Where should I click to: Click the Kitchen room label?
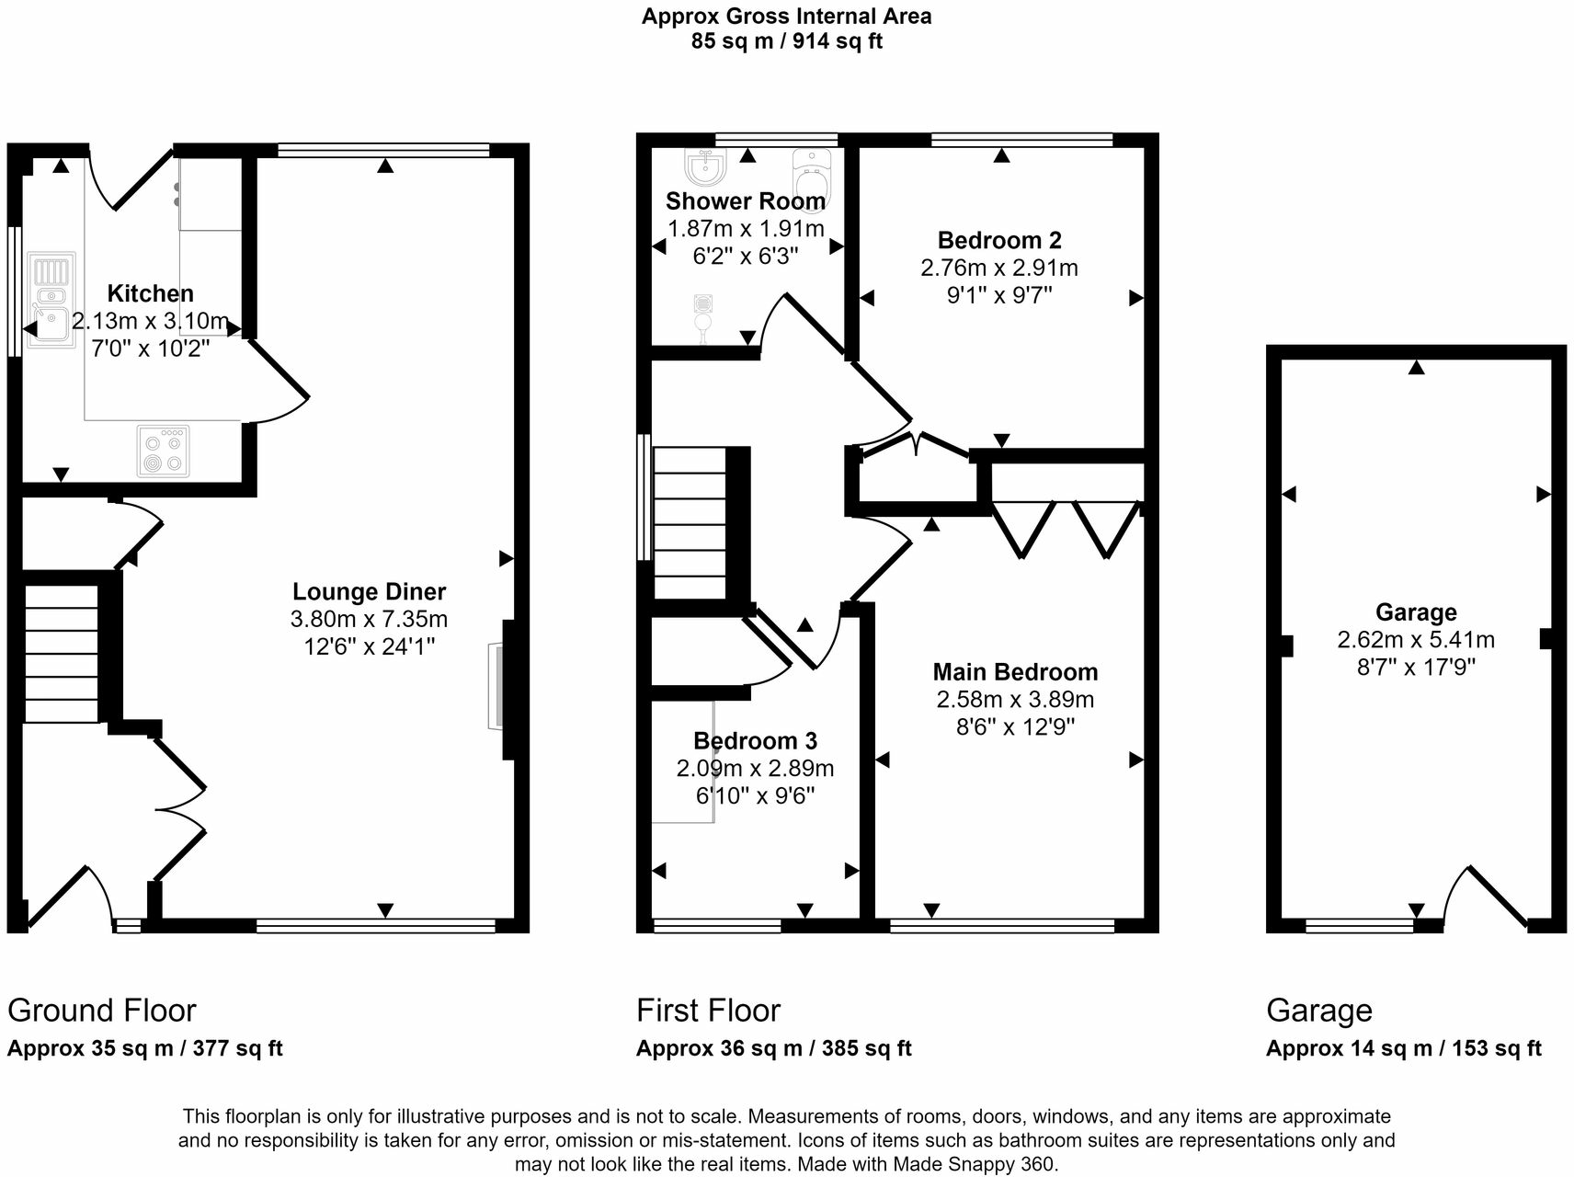(x=151, y=293)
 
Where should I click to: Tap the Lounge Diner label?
(x=369, y=591)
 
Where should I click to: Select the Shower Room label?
(x=745, y=200)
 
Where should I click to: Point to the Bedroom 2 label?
(x=999, y=240)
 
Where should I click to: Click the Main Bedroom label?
(x=1015, y=671)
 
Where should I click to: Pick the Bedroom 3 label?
(x=755, y=740)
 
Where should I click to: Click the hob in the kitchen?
(x=164, y=451)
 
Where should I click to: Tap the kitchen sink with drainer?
(x=51, y=301)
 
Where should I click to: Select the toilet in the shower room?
(x=812, y=178)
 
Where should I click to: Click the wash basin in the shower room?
(x=706, y=167)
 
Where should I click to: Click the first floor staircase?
(x=690, y=522)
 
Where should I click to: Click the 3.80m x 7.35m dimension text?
(x=369, y=619)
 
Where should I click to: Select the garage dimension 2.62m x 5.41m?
(x=1416, y=639)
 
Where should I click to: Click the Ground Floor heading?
(x=102, y=1011)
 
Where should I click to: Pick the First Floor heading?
(x=708, y=1011)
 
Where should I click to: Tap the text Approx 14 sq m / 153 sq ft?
(x=1403, y=1048)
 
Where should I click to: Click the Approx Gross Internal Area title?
(x=786, y=16)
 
